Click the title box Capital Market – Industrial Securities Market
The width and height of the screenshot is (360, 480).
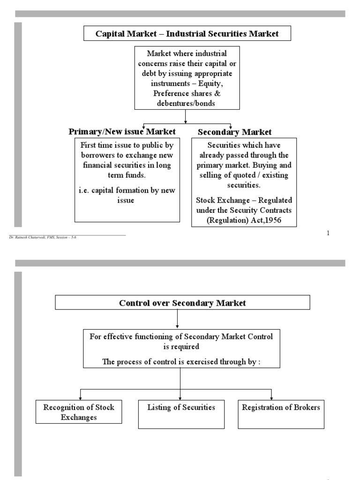(180, 34)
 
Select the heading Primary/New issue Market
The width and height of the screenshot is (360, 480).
(122, 132)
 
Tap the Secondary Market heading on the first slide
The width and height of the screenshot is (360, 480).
(234, 132)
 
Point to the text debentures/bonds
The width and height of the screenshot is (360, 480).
(187, 103)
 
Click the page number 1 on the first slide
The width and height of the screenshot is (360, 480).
(328, 233)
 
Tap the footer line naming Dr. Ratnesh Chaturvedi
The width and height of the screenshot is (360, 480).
(42, 238)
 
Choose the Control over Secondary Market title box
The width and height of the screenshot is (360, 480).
(182, 303)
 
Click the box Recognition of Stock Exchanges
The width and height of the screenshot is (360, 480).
(79, 412)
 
